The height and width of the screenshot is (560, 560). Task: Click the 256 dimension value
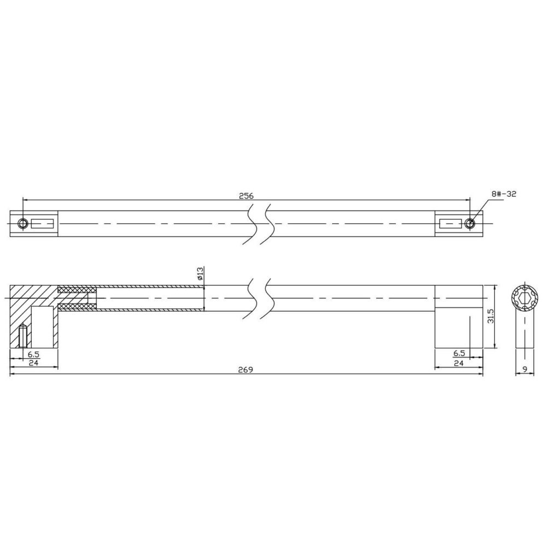[x=247, y=196]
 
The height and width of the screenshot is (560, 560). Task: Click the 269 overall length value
[x=246, y=370]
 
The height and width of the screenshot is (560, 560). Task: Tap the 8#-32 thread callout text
[x=504, y=194]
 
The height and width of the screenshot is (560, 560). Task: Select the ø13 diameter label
[x=200, y=273]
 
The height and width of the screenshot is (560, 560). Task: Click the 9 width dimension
[x=524, y=370]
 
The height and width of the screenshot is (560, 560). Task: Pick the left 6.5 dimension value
[x=33, y=354]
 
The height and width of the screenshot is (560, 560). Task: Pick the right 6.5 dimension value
[x=459, y=353]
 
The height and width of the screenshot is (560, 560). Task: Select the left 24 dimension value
[x=33, y=363]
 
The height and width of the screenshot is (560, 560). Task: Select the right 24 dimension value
[x=459, y=363]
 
